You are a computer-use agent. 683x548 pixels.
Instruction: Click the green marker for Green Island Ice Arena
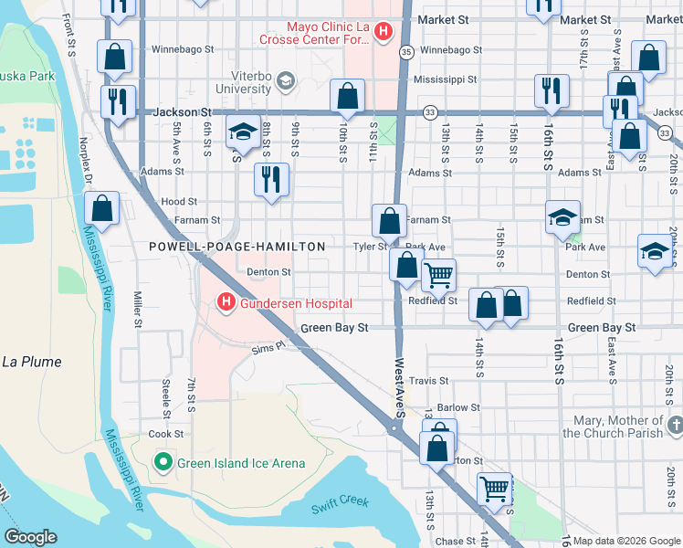click(163, 463)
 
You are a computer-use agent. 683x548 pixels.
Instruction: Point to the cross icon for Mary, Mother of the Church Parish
click(675, 427)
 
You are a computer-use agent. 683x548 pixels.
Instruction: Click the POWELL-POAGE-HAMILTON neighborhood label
click(237, 247)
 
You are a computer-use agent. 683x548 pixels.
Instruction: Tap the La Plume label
click(31, 362)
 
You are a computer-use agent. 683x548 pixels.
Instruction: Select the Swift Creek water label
click(339, 501)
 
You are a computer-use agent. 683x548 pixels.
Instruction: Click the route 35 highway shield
click(406, 53)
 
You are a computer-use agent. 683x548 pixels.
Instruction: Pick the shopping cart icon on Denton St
click(439, 274)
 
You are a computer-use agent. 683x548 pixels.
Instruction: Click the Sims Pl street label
click(269, 348)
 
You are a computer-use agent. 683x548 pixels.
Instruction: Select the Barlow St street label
click(458, 408)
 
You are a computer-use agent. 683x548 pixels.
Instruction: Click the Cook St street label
click(166, 434)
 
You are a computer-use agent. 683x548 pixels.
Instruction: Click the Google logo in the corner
click(30, 537)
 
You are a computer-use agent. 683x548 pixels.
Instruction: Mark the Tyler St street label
click(371, 247)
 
